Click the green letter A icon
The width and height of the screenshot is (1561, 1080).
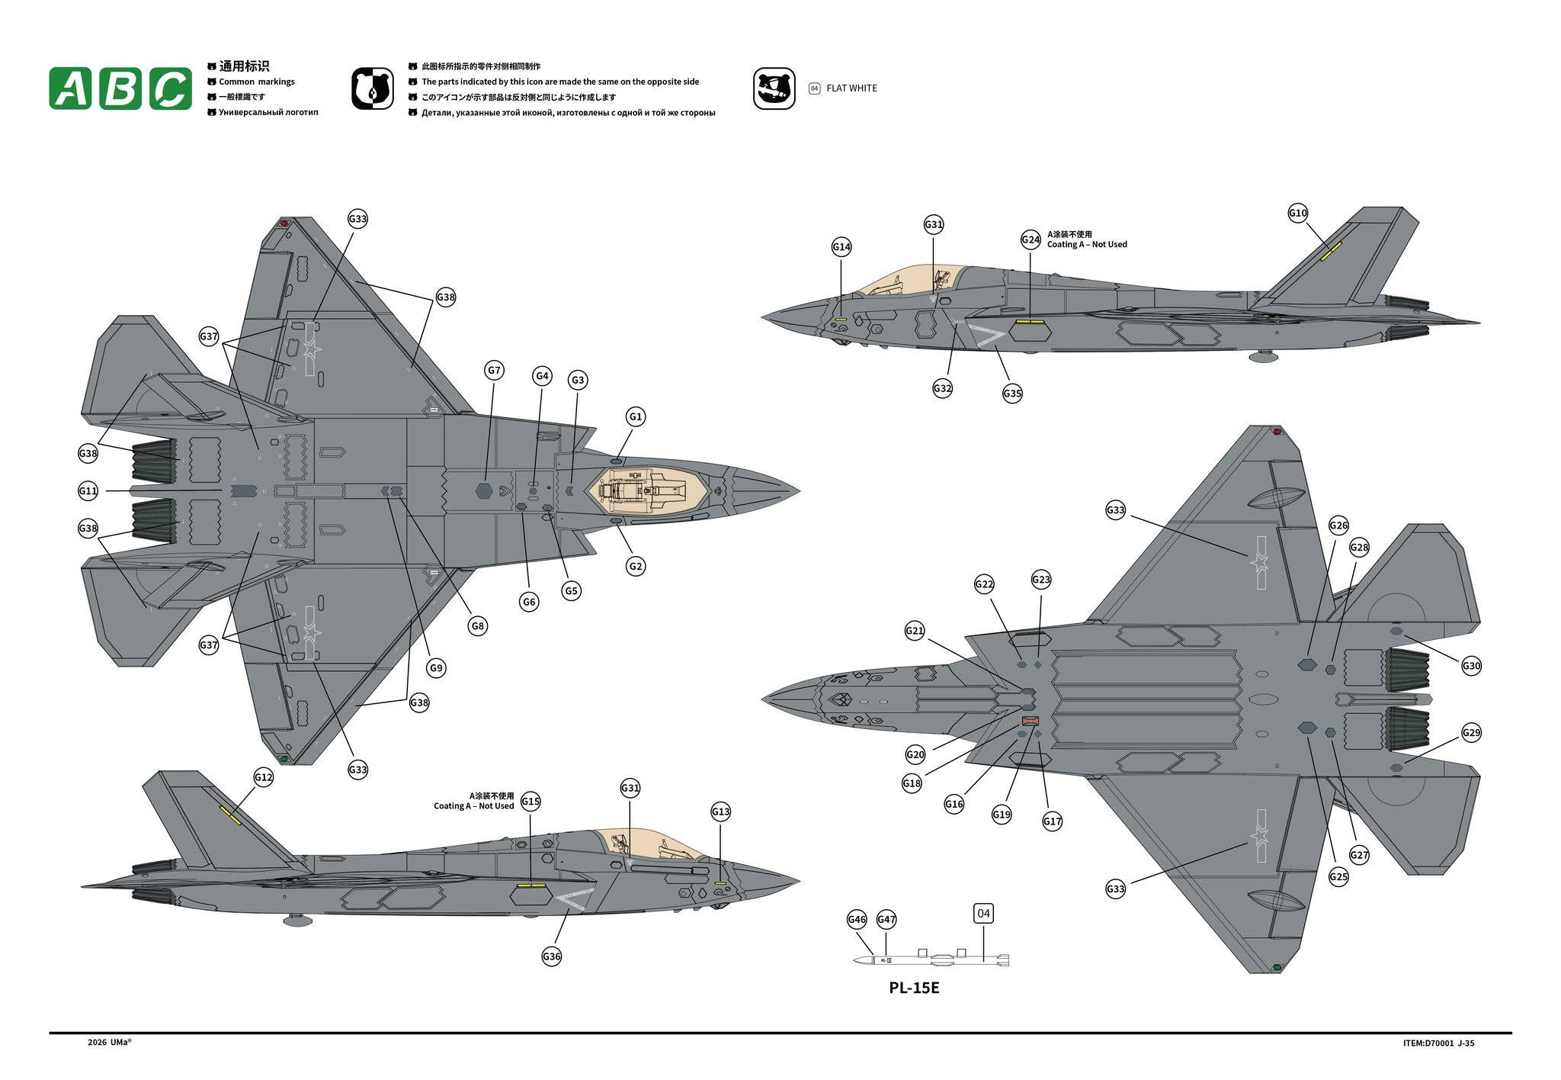point(70,88)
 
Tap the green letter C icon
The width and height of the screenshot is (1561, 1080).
point(171,88)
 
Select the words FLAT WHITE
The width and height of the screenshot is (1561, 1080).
point(851,88)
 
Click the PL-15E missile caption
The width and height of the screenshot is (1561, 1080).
point(914,988)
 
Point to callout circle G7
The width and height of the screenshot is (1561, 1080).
point(495,371)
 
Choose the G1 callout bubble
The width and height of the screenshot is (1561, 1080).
point(636,416)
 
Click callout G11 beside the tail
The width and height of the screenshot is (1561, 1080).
point(88,491)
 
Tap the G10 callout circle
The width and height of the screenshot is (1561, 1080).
point(1298,213)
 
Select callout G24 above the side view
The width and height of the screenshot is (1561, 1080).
point(1031,239)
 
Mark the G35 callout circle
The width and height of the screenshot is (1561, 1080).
point(1012,394)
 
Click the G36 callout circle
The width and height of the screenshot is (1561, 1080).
point(552,956)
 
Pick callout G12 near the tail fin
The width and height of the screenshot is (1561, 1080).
point(263,777)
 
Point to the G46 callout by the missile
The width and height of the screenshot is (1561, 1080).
point(857,920)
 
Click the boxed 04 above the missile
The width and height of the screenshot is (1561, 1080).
point(983,914)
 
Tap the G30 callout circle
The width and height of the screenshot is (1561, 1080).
point(1471,666)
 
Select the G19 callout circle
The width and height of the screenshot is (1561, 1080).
point(1002,815)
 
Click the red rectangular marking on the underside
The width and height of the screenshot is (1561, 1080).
point(1030,721)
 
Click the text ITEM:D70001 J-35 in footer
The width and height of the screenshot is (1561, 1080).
point(1438,1043)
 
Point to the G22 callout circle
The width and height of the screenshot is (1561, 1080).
point(984,584)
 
